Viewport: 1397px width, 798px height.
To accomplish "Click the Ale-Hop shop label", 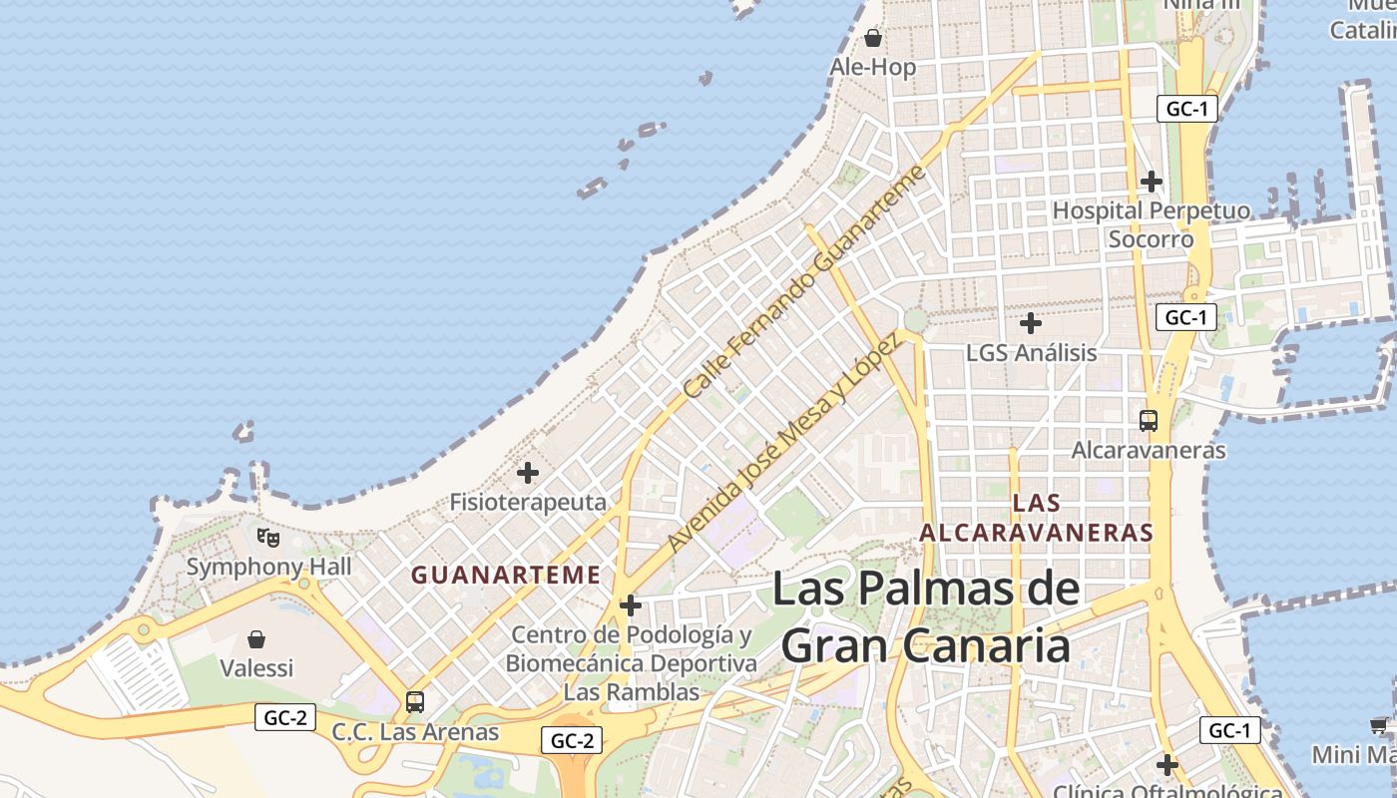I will tap(873, 67).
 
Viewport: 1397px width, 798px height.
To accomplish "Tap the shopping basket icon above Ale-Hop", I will tap(873, 38).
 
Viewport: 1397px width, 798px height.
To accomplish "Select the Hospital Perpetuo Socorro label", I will tap(1151, 224).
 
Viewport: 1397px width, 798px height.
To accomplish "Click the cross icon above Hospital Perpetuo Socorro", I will tap(1152, 182).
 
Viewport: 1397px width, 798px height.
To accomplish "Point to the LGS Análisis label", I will tap(1031, 352).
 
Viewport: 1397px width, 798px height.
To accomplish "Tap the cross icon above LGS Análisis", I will tap(1031, 323).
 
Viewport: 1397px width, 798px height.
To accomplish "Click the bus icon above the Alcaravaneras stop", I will tap(1149, 421).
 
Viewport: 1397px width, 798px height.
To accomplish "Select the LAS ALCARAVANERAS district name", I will tap(1036, 518).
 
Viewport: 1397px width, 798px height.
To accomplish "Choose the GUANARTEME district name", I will tap(506, 575).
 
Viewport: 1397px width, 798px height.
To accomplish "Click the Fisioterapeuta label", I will tap(528, 502).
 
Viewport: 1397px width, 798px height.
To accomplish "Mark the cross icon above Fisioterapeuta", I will tap(528, 473).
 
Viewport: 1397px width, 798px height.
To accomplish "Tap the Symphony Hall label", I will tap(269, 567).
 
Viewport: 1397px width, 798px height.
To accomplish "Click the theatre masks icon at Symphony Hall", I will tap(268, 538).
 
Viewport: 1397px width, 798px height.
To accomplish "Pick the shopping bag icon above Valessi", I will tap(256, 638).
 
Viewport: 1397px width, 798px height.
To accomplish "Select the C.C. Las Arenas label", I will tap(415, 731).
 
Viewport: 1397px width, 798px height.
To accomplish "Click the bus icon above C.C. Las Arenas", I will tap(415, 702).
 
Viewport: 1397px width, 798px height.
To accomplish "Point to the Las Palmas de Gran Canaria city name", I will tap(926, 616).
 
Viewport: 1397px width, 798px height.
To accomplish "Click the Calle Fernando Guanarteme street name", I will tap(805, 282).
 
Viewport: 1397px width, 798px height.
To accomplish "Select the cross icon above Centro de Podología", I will tap(631, 605).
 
